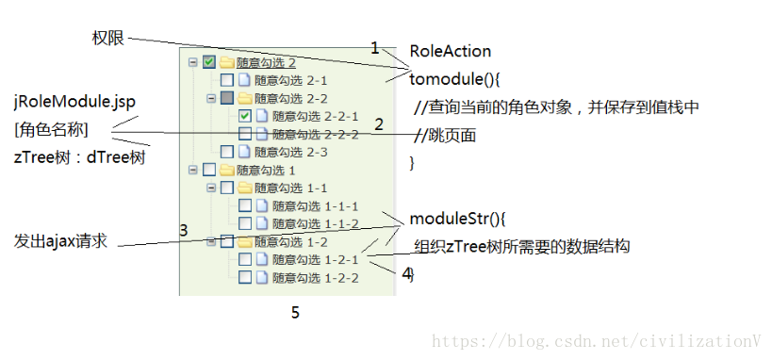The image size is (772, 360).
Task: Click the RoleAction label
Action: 450,51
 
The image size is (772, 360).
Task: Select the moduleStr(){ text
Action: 457,219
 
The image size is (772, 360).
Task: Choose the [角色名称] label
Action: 52,129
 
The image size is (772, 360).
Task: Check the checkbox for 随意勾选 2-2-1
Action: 245,116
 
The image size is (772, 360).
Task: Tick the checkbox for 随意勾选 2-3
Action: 227,152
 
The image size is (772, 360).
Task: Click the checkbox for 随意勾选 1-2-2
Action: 245,277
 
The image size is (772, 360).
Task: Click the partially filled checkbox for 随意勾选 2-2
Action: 227,98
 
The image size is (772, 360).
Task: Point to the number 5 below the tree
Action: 295,313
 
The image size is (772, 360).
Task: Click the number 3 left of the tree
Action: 184,230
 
